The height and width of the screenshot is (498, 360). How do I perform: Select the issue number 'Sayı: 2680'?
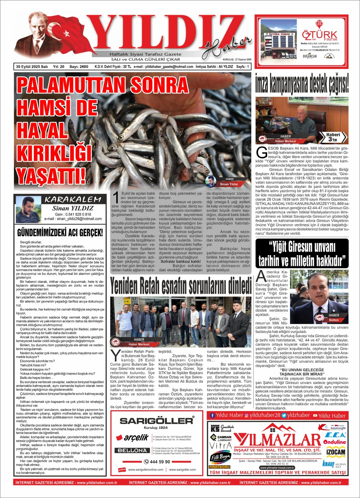[x=78, y=67]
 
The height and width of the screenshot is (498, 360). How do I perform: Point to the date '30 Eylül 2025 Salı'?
[x=32, y=67]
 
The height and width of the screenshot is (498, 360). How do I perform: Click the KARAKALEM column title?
[x=73, y=199]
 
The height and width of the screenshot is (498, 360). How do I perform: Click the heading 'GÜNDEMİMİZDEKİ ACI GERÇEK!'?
[x=60, y=232]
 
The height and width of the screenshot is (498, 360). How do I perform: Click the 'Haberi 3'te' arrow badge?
[x=333, y=137]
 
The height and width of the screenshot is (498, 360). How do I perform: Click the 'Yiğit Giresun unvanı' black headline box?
[x=302, y=253]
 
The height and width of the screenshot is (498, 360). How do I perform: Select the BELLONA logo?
[x=132, y=450]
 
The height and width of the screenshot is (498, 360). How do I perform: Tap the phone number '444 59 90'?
[x=157, y=462]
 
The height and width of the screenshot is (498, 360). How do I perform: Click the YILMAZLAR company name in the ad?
[x=277, y=439]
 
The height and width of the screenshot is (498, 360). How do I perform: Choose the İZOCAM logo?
[x=336, y=452]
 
